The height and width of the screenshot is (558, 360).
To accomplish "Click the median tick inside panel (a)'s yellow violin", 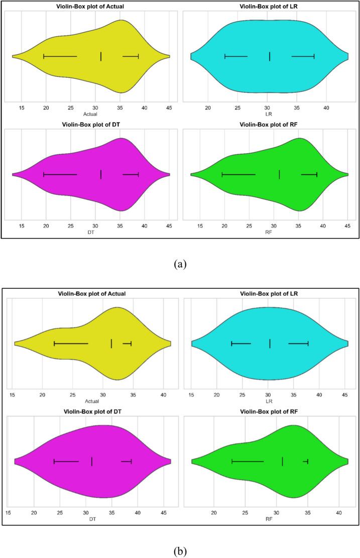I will point(101,56).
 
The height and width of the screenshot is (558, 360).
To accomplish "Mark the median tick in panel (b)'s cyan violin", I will point(270,344).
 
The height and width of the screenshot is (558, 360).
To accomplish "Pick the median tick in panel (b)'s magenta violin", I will point(92,461).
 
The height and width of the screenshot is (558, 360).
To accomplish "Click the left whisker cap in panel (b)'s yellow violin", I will point(54,344).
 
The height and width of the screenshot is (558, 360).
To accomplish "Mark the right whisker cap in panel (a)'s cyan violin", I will point(314,56).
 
